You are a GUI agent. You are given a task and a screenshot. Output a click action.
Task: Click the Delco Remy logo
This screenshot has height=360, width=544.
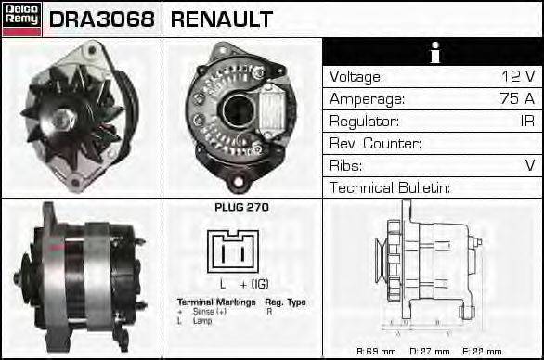[x=21, y=19]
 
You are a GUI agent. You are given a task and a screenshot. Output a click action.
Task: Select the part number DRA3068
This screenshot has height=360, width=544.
[x=101, y=19]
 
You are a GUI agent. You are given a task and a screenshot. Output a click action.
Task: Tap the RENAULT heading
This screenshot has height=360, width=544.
[x=221, y=19]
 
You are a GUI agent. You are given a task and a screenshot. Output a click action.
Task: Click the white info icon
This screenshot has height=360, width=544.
[x=433, y=53]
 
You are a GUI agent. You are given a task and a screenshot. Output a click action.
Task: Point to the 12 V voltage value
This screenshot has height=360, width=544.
[x=517, y=77]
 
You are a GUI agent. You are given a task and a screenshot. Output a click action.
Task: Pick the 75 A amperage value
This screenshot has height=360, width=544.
[x=517, y=99]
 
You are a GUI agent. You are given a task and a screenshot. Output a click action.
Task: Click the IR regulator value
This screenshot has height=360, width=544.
[x=526, y=122]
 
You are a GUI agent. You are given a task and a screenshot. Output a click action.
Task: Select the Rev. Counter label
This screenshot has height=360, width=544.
[x=375, y=144]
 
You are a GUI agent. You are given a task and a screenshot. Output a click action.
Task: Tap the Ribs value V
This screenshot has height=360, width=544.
[x=530, y=166]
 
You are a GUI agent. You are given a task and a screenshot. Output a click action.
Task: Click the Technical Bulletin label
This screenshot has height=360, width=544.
[x=390, y=188]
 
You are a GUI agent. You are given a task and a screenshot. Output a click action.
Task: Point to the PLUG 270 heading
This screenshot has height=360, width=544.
[x=242, y=208]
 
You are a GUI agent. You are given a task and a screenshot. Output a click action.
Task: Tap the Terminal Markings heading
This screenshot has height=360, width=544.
[x=215, y=302]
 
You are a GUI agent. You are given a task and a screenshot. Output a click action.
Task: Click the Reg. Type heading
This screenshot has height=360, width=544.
[x=286, y=302]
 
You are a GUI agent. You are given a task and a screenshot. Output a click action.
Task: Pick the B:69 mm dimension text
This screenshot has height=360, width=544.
[x=375, y=351]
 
